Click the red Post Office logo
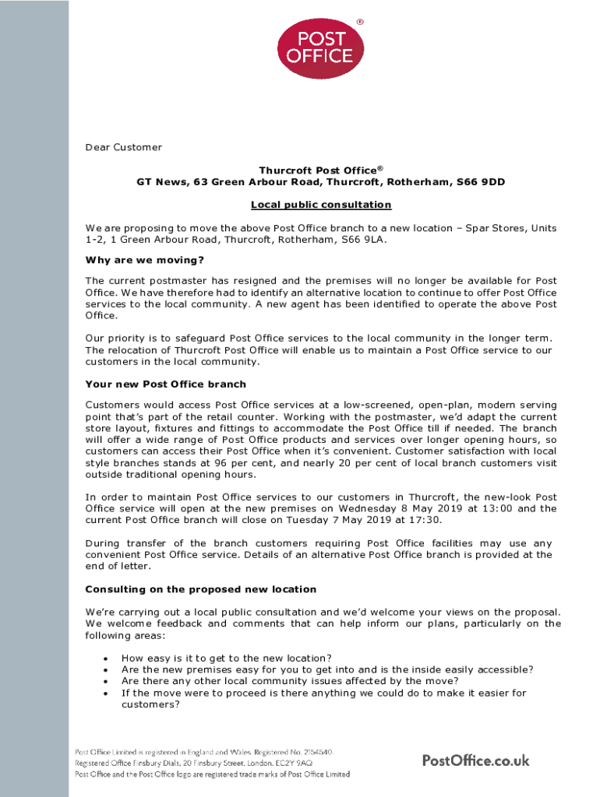(319, 48)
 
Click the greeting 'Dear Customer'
(124, 147)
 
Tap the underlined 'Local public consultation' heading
(321, 205)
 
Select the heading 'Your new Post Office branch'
(165, 384)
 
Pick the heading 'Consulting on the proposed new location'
(200, 589)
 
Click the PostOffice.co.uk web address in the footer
(475, 760)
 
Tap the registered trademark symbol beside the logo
(359, 21)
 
